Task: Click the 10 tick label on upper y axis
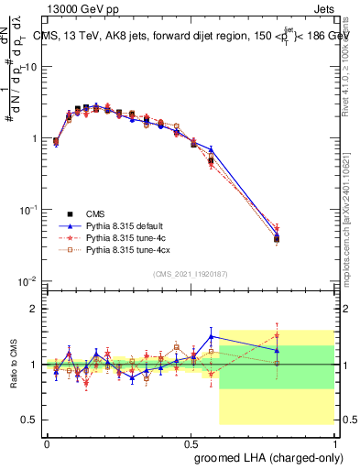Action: (31, 67)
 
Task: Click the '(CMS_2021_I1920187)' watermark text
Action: (190, 274)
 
